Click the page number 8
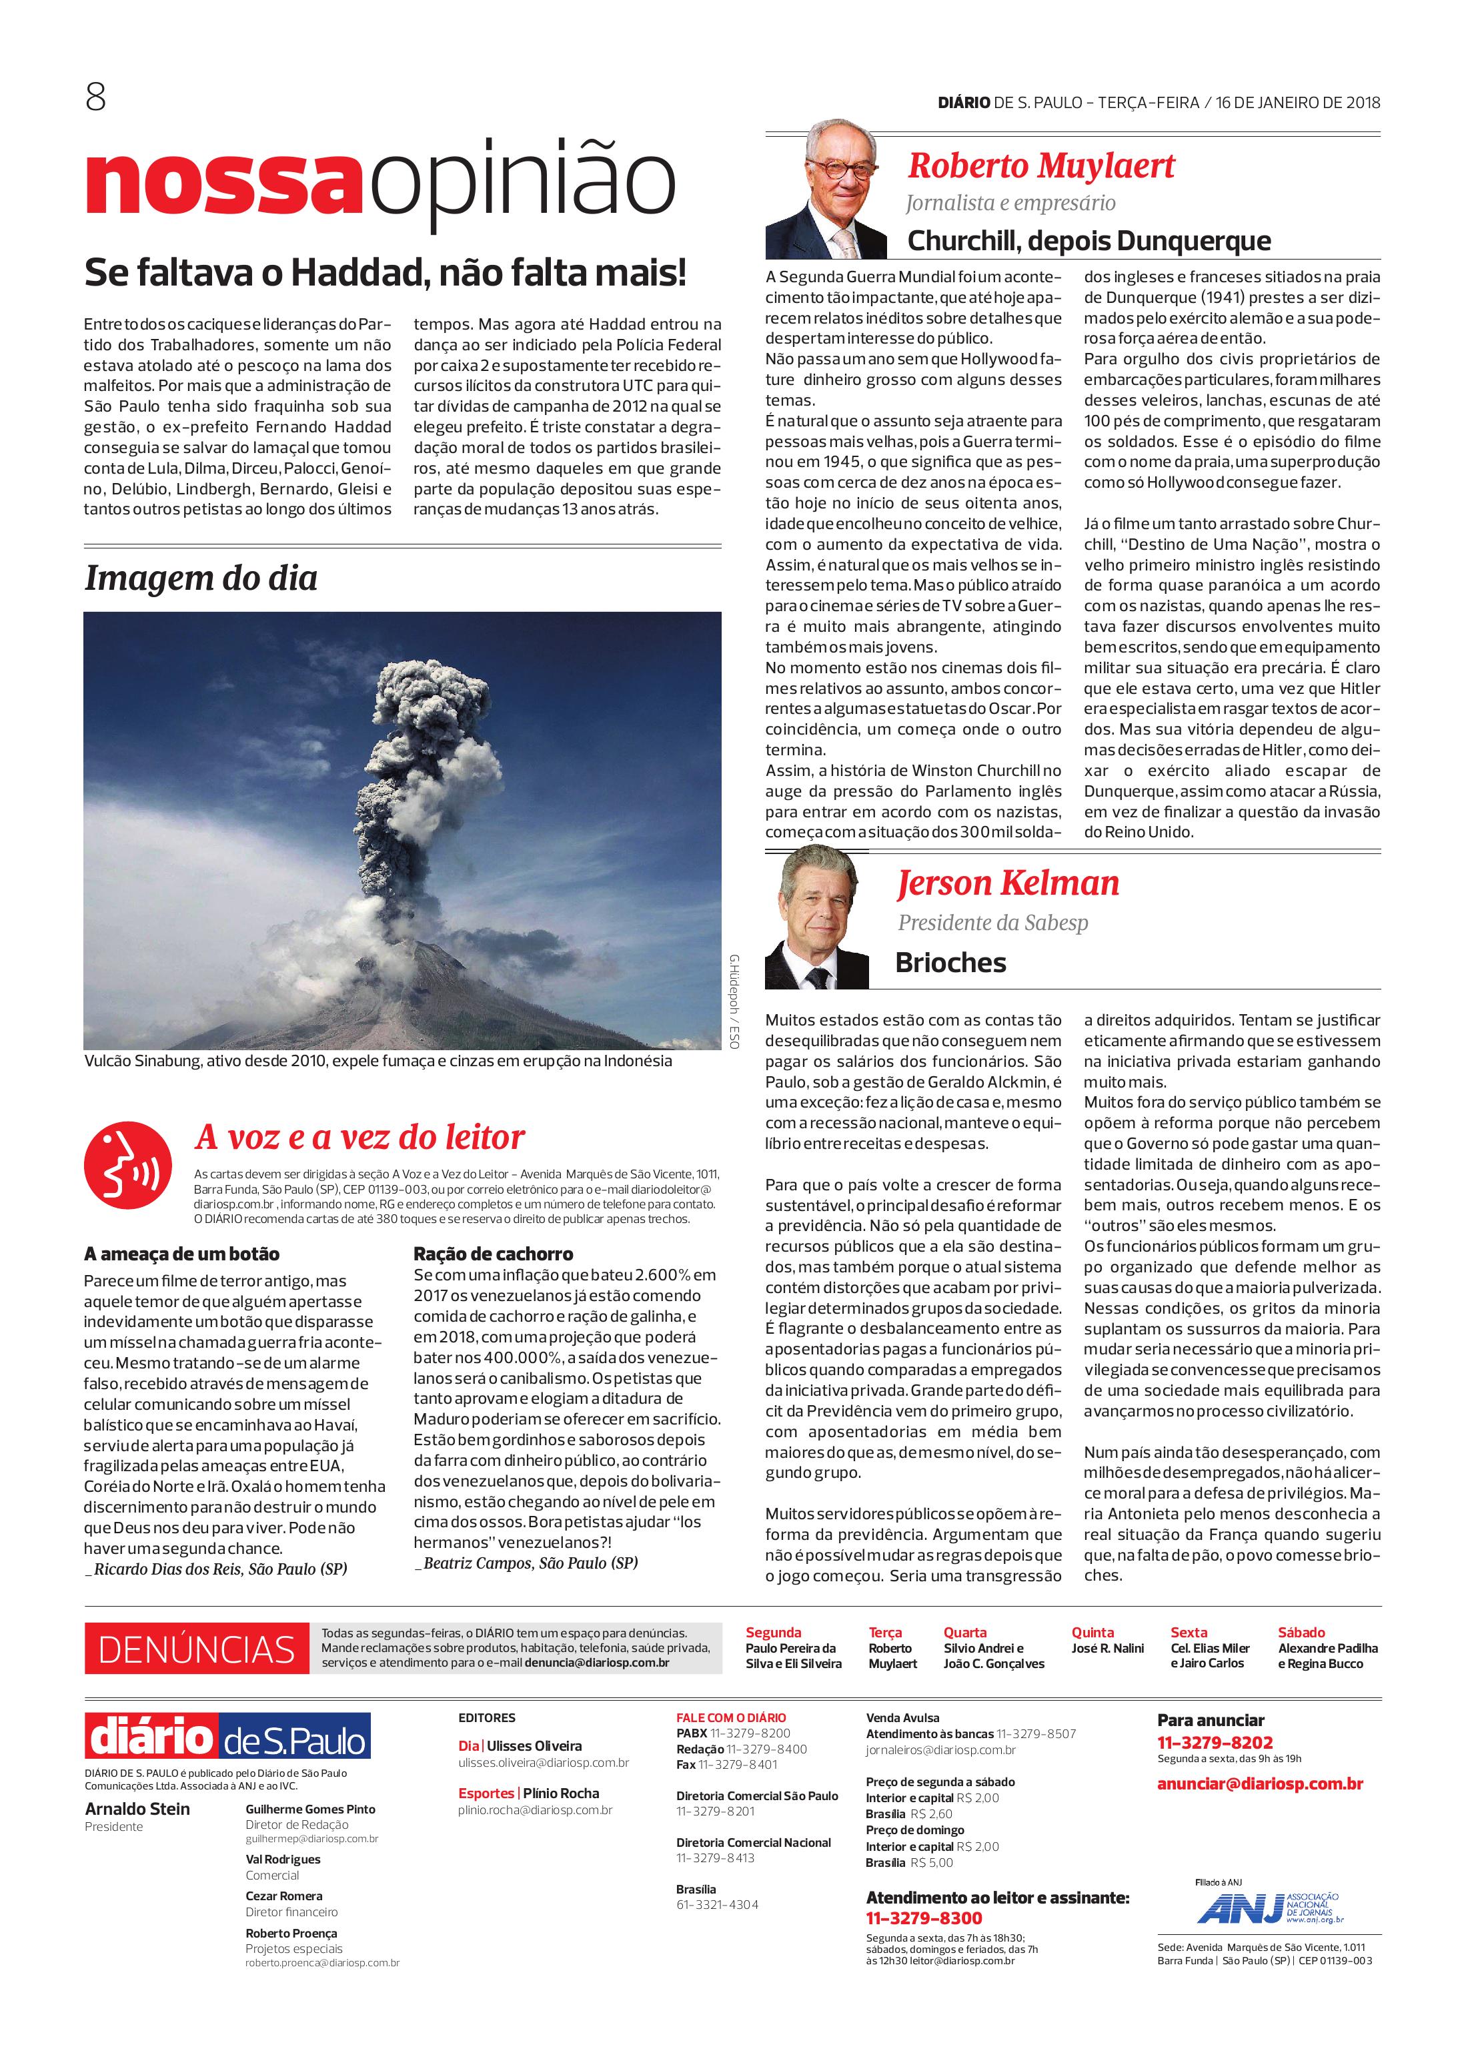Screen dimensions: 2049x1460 (x=95, y=97)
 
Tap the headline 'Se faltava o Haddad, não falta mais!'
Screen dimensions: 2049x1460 (x=385, y=272)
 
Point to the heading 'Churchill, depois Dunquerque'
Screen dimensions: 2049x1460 (x=1088, y=241)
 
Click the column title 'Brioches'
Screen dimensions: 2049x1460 (x=950, y=963)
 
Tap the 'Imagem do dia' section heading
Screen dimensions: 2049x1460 (x=201, y=578)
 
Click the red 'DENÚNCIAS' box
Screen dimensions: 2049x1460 (x=197, y=1649)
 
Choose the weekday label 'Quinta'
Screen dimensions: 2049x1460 (x=1092, y=1632)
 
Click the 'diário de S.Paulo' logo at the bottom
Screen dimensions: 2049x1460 (x=227, y=1737)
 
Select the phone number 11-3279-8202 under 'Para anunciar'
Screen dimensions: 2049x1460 (x=1215, y=1742)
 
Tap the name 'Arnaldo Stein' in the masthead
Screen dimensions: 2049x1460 (x=137, y=1809)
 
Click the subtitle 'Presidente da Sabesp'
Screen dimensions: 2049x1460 (x=992, y=923)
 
